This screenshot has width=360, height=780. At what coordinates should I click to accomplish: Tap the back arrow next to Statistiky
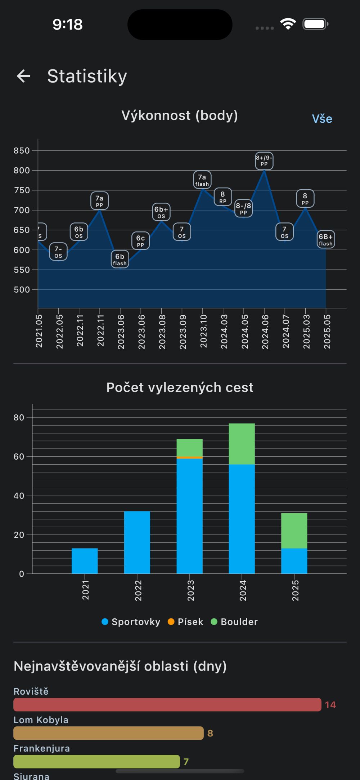(24, 76)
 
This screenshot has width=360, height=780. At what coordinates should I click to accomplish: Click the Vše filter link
(322, 119)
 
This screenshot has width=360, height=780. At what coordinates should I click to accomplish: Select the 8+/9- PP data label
(264, 161)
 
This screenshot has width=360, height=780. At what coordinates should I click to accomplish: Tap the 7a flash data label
(202, 180)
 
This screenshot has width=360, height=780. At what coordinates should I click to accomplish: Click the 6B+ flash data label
(326, 240)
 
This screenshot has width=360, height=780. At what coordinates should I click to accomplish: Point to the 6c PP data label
(140, 241)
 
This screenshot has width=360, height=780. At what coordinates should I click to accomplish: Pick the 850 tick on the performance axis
(22, 150)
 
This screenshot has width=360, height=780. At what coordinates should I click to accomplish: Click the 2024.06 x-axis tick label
(265, 332)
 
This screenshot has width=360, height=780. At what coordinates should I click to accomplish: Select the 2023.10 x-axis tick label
(203, 331)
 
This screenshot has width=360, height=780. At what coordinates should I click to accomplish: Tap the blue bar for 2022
(137, 542)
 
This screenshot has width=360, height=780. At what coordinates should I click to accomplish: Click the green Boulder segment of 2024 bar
(242, 444)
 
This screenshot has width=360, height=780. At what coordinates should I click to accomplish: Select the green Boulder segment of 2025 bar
(294, 531)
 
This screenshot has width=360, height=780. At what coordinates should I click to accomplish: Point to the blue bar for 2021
(85, 561)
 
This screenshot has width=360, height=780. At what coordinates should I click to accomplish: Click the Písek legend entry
(185, 622)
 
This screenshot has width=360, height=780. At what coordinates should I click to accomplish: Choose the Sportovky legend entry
(131, 622)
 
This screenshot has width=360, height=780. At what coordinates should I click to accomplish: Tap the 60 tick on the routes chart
(19, 456)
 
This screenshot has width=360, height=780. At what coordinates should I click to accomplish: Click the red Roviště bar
(167, 704)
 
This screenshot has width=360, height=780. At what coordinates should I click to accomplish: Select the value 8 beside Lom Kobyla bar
(210, 733)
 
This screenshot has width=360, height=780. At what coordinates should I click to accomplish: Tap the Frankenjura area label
(42, 748)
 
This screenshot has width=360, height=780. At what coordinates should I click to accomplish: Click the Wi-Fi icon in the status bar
(288, 24)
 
